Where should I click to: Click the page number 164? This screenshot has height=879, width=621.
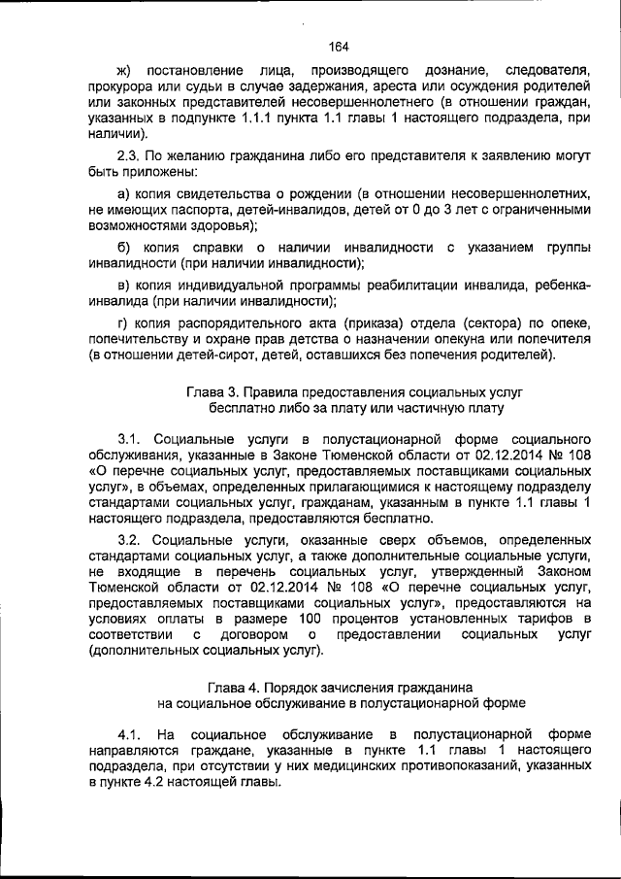[x=339, y=46]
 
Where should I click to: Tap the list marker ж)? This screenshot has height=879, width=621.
[x=123, y=71]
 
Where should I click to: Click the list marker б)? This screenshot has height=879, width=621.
[x=123, y=248]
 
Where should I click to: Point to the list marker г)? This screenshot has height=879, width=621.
[x=122, y=321]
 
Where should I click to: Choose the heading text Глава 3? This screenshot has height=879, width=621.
[x=211, y=392]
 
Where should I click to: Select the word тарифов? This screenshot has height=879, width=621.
[x=562, y=618]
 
